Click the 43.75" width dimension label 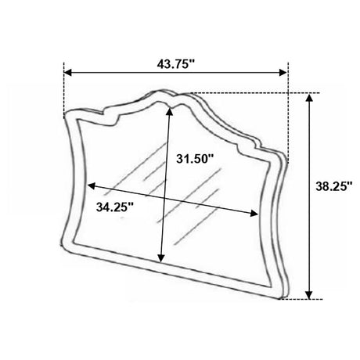tap(176, 64)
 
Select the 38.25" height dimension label tap(334, 186)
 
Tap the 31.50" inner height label tap(195, 158)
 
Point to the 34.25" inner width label tap(115, 207)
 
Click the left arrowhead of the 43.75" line tap(67, 73)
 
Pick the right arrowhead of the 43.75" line tap(283, 73)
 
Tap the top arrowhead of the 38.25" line tap(309, 98)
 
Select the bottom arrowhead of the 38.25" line tap(309, 295)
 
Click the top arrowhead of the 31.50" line tap(169, 111)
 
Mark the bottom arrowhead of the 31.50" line tap(161, 257)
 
